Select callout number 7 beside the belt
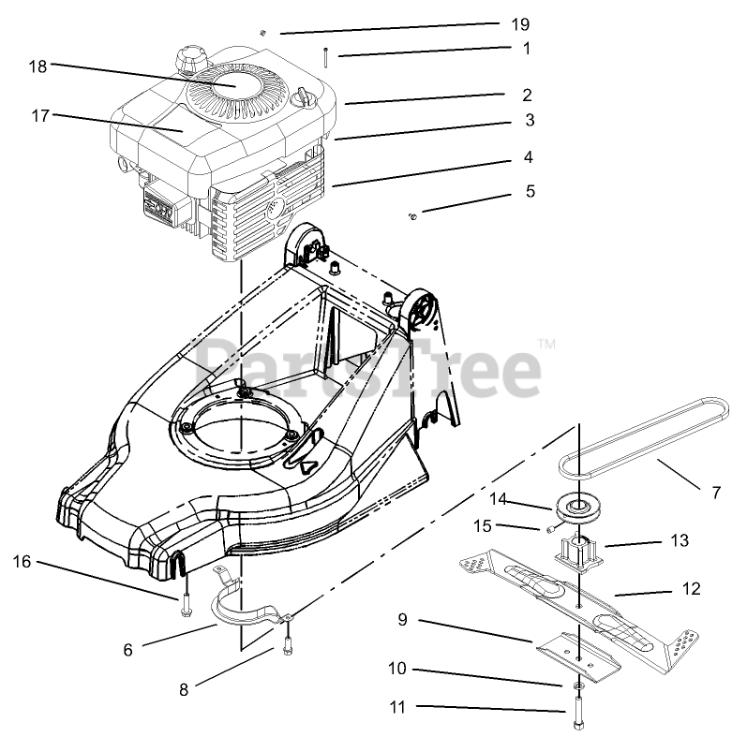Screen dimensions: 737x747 [x=717, y=491]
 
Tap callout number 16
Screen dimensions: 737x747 [x=22, y=562]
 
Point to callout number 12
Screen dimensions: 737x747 [x=692, y=590]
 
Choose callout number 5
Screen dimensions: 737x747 [x=530, y=191]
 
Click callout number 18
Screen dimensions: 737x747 [x=37, y=66]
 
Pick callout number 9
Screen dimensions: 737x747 [x=402, y=619]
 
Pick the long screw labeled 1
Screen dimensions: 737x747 [x=324, y=55]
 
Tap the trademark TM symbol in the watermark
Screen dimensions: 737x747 [x=547, y=346]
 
